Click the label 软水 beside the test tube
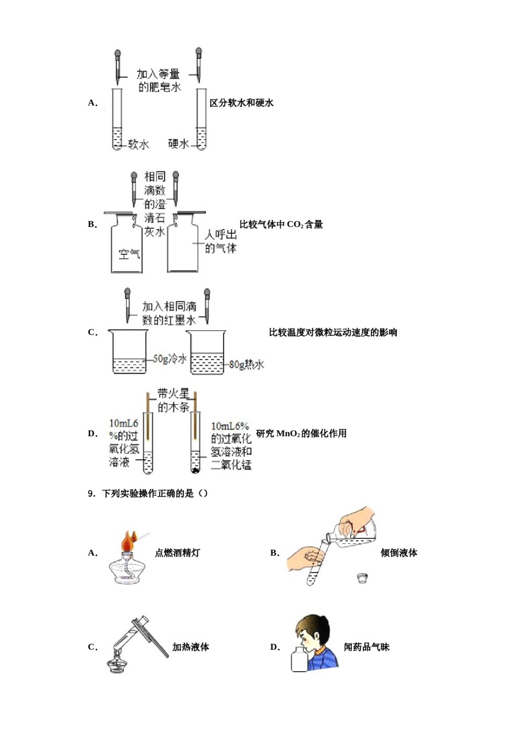tap(138, 145)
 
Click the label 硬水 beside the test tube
tap(178, 144)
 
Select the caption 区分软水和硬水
tap(242, 103)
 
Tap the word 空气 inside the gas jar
tap(129, 254)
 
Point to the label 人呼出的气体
tap(220, 241)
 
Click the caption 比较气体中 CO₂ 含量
tap(281, 224)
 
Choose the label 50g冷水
tap(170, 359)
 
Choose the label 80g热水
tap(247, 364)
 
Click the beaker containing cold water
tap(129, 352)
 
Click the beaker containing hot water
tap(207, 352)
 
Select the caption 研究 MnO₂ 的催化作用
tap(301, 433)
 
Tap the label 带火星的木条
tap(173, 400)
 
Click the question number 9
tap(91, 493)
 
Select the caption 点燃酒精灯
tap(177, 553)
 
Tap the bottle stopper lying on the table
tap(362, 578)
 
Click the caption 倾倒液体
tap(399, 553)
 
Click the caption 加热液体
tap(190, 647)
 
